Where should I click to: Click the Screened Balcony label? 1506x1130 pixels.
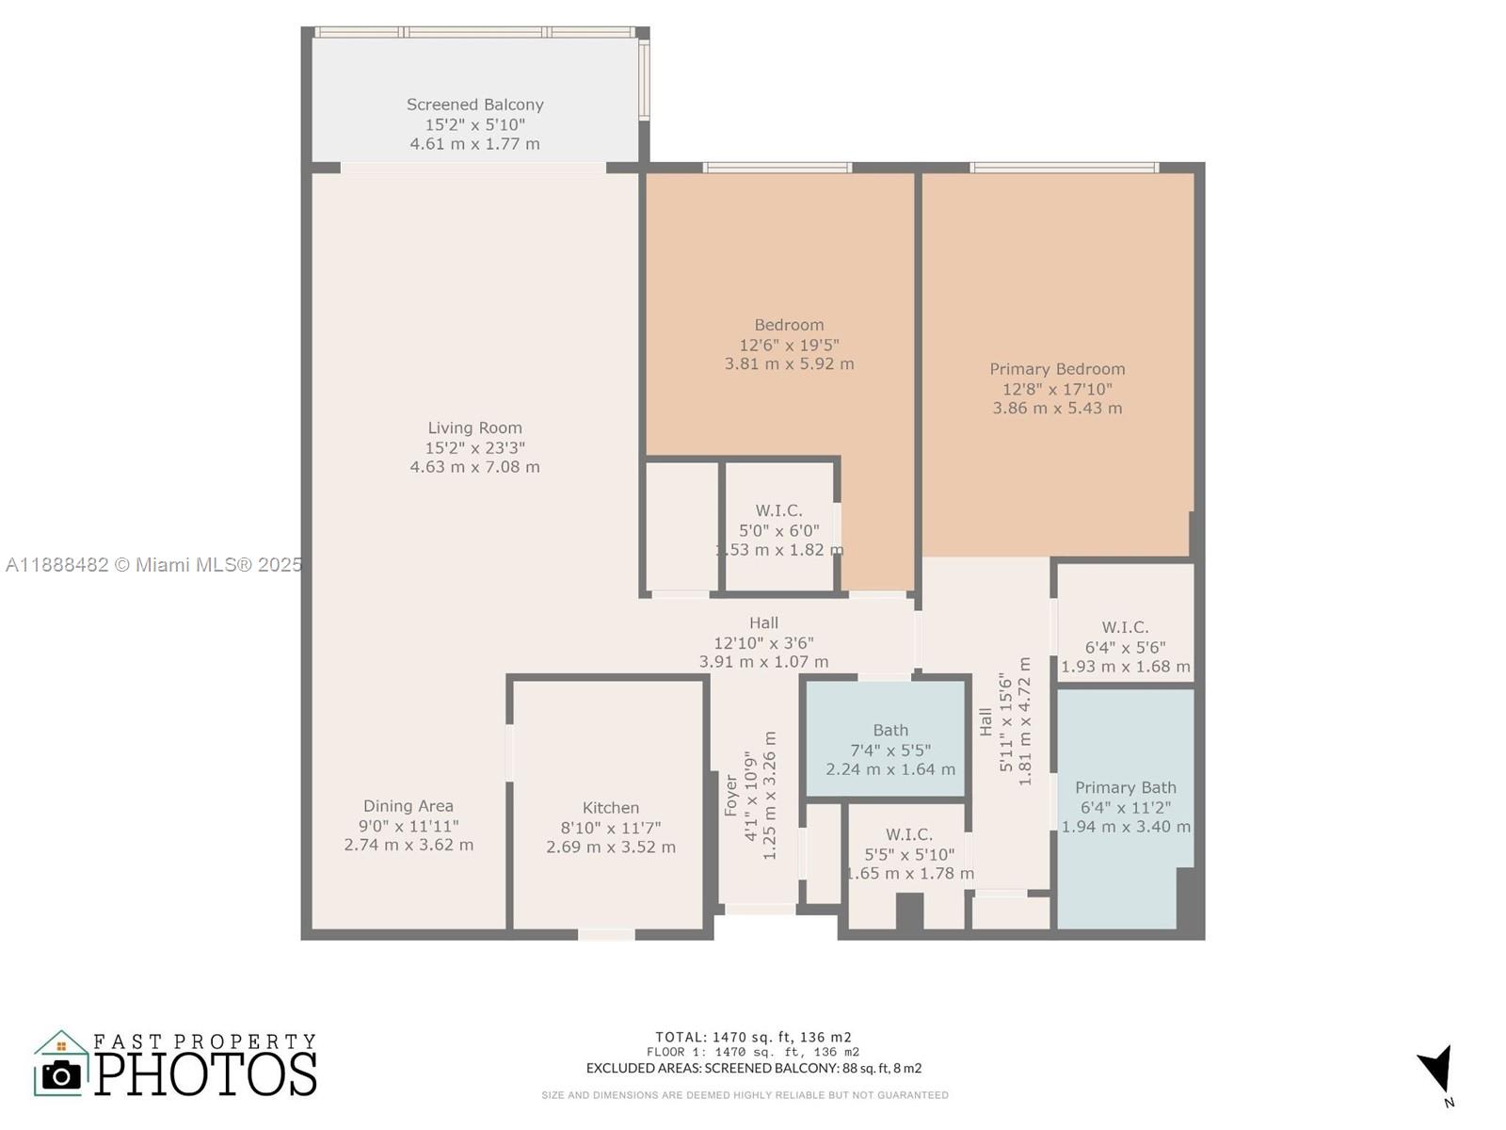[x=474, y=105]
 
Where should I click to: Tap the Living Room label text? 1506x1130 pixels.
[x=474, y=428]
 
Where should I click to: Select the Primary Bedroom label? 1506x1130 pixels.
[x=1057, y=369]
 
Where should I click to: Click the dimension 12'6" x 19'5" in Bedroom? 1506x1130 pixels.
[x=789, y=345]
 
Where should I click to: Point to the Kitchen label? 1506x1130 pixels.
[x=610, y=807]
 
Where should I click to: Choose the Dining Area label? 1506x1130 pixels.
[x=409, y=806]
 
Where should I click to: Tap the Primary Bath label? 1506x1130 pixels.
[x=1126, y=787]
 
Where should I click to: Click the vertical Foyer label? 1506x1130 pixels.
[x=731, y=796]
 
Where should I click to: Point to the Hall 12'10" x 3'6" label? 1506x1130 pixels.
[x=763, y=622]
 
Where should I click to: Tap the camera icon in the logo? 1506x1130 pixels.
[x=62, y=1073]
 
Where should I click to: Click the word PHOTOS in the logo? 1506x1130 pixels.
[x=206, y=1074]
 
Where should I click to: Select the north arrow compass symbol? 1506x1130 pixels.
[x=1437, y=1070]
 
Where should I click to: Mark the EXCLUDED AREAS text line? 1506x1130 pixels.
[x=753, y=1068]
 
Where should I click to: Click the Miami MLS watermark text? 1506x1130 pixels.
[x=153, y=565]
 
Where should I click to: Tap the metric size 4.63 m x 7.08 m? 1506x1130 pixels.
[x=474, y=467]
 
